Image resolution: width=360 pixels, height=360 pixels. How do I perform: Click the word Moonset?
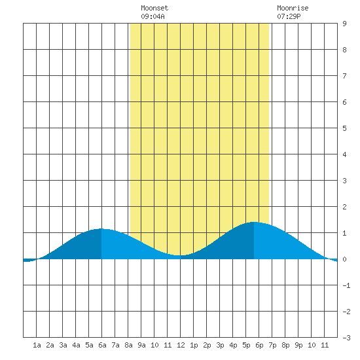point(154,8)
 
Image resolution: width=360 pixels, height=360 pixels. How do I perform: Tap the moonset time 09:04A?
point(153,16)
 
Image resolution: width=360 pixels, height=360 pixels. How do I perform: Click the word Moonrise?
point(293,8)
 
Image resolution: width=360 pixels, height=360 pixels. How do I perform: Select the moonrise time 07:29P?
point(289,16)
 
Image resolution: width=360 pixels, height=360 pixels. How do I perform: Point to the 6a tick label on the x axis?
point(102,345)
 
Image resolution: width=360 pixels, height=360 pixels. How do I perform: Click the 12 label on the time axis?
point(181,345)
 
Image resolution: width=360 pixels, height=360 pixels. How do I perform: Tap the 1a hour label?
point(37,345)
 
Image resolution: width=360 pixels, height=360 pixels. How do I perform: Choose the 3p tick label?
point(220,345)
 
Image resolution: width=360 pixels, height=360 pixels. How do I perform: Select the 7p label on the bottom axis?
point(272,345)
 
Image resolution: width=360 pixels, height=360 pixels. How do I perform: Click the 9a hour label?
point(141,345)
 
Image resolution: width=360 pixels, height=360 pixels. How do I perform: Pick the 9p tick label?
point(298,345)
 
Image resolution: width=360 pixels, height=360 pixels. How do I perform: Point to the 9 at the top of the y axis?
point(344,24)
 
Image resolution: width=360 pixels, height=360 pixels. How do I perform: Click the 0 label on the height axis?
point(344,259)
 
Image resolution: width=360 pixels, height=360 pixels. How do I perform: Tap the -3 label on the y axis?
point(347,338)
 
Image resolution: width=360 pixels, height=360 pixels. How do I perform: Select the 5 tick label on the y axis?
point(344,128)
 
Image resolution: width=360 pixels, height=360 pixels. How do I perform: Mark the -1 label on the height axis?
point(347,285)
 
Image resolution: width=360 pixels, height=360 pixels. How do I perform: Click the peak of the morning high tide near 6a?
point(101,228)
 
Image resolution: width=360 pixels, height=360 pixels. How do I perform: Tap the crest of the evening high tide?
point(254,222)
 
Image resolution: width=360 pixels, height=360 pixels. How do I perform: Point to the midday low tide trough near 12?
point(181,255)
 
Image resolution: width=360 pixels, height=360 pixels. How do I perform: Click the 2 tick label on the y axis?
point(344,207)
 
